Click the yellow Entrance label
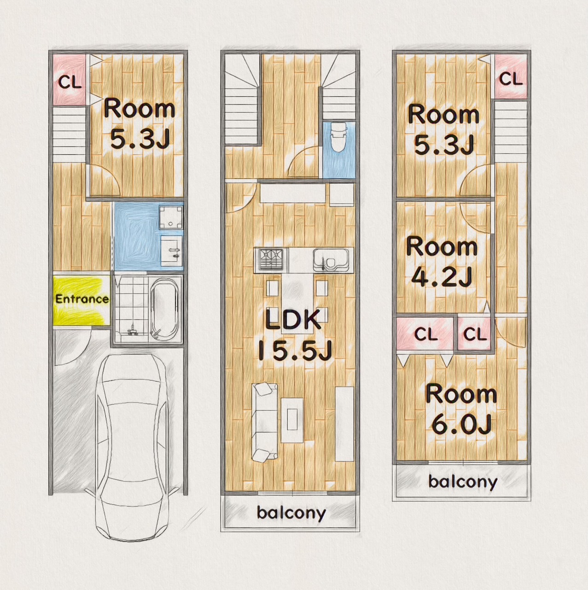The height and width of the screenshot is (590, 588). coord(82,299)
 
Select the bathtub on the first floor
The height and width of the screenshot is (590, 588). coord(165,310)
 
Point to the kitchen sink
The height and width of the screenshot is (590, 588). coord(331,260)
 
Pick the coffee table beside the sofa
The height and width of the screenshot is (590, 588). coord(292,420)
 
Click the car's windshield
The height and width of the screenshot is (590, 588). coord(132,391)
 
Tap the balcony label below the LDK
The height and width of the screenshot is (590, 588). coord(291,513)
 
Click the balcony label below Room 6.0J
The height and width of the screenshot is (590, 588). coord(463,482)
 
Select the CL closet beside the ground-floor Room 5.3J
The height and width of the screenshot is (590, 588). coord(70,80)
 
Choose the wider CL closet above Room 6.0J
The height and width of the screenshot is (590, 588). coord(425,334)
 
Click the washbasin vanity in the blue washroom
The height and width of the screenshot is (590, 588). coord(172,251)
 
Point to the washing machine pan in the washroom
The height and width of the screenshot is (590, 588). coord(171,217)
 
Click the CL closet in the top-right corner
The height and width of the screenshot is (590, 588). coord(511,77)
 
